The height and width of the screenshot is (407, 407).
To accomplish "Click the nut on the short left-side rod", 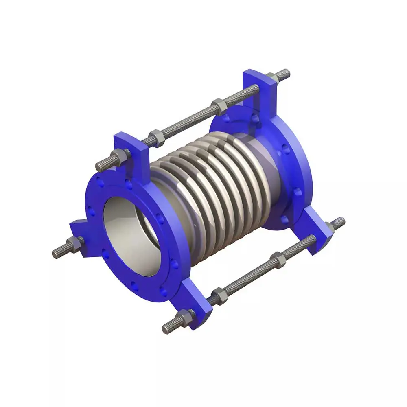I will [74, 244].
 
